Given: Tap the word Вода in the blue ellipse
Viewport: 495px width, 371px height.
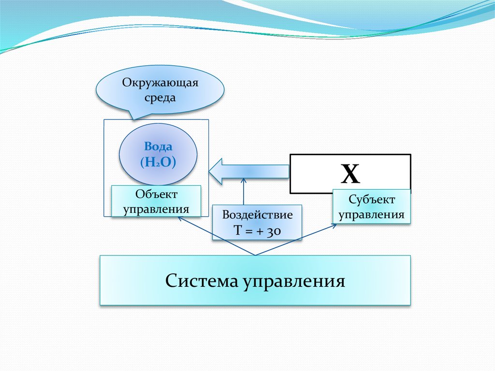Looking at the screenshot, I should (x=158, y=147).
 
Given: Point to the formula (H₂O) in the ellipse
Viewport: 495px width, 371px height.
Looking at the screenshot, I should (x=158, y=162).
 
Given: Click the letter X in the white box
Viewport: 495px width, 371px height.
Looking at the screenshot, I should (x=350, y=174).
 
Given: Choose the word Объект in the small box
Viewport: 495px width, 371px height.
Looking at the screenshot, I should (x=156, y=194).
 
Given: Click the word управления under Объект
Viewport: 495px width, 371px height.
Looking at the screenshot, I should (x=156, y=209).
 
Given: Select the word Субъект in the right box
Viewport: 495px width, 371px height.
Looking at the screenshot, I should (x=371, y=199).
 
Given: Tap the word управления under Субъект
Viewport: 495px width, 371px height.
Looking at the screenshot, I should (x=371, y=214).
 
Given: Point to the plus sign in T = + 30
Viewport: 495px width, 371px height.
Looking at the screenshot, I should (x=260, y=232).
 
